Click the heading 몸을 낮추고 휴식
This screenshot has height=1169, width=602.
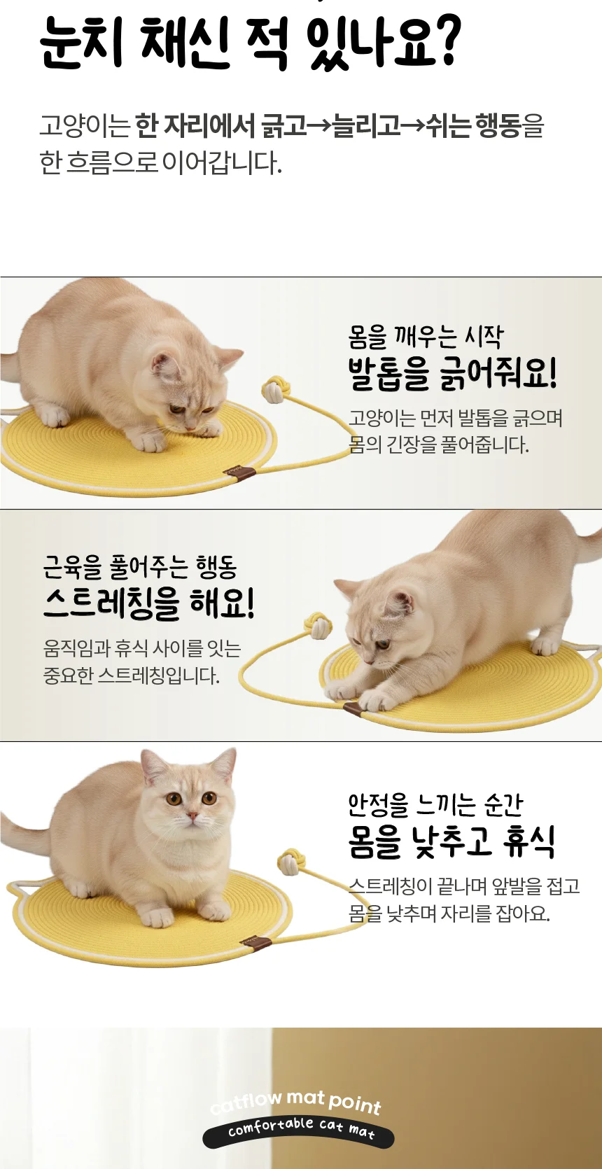(x=451, y=842)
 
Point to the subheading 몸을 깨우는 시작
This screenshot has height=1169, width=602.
(x=426, y=337)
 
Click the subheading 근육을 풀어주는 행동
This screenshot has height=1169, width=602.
(x=140, y=567)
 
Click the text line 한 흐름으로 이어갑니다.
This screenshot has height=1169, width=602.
(x=161, y=163)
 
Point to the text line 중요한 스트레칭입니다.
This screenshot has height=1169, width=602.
(x=132, y=675)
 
